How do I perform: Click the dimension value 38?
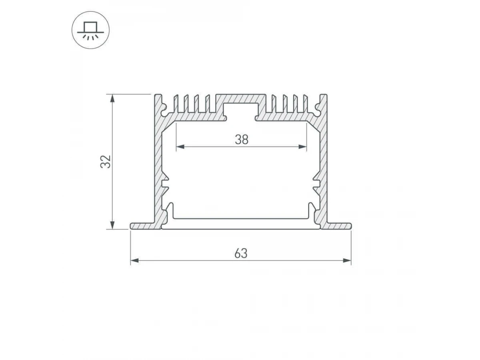pos(242,140)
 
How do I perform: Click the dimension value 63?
pos(241,254)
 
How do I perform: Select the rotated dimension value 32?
pos(106,162)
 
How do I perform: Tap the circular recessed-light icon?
pos(90,30)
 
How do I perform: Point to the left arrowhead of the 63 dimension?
pos(134,260)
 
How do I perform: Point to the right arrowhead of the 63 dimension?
pos(347,260)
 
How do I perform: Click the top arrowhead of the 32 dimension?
pos(112,98)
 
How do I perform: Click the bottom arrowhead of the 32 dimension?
pos(112,225)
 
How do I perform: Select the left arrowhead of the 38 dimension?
pos(180,147)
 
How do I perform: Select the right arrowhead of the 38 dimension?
pos(303,147)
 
